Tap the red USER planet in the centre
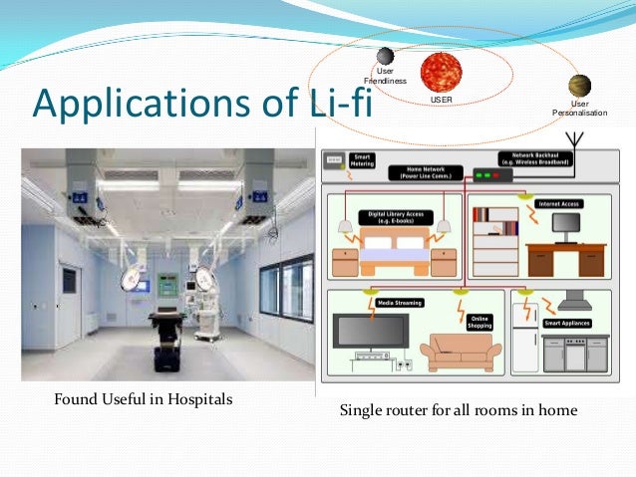[x=440, y=73]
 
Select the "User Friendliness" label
[x=384, y=76]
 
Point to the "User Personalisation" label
[x=579, y=108]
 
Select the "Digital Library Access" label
[x=396, y=212]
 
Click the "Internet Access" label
[x=559, y=204]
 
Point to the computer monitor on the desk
[x=567, y=228]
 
